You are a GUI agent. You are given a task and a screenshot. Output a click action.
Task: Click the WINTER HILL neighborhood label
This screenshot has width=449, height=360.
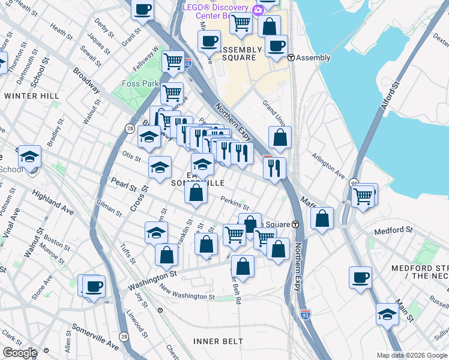coord(32,96)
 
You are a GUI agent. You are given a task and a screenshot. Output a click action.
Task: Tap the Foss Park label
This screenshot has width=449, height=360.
coord(139,83)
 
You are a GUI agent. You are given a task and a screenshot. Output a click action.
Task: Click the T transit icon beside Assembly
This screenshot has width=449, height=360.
coord(291,58)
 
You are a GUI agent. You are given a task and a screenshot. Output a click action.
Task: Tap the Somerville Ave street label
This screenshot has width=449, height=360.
coord(95,337)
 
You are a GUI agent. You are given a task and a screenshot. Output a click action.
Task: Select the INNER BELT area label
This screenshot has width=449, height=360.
coord(218,341)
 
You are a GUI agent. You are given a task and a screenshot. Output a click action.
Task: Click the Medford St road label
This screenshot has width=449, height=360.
coord(393,230)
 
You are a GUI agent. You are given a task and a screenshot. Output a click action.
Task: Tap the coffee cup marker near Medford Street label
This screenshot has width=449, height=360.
coord(360,277)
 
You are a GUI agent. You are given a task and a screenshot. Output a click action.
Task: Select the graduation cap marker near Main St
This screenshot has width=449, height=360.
coord(387,314)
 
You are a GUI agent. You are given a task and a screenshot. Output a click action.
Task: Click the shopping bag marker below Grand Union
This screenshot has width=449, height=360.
coord(280,137)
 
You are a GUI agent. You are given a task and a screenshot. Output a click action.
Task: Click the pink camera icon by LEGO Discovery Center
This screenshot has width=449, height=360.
coord(258,10)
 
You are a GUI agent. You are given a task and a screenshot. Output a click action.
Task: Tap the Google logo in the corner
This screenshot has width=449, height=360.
coord(19,353)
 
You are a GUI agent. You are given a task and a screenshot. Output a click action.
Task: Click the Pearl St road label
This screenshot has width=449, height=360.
coord(124,184)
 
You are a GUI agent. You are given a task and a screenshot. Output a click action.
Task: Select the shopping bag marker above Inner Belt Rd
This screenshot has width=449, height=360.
coord(243,266)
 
